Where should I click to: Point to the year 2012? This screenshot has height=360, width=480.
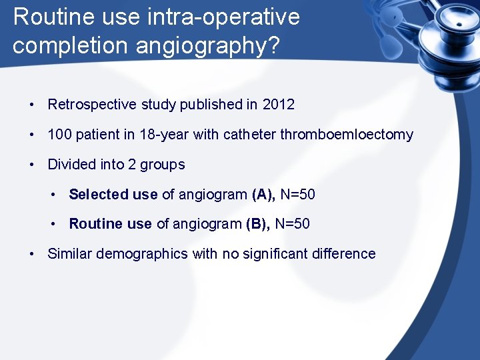coord(278,105)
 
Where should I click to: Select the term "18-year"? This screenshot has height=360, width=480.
coord(164,135)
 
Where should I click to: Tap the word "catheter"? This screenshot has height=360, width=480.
coord(249,135)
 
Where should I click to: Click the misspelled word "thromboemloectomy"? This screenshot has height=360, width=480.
coord(347,135)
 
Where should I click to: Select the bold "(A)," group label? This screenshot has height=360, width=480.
coord(264,195)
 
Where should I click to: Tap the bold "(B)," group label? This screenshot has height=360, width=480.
coord(258,224)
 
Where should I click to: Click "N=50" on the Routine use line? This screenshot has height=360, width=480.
coord(292,224)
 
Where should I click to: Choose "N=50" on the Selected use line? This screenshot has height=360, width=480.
coord(298,195)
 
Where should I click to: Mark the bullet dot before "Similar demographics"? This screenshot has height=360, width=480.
coord(31,254)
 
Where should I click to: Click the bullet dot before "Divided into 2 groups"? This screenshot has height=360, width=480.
coord(31,165)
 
